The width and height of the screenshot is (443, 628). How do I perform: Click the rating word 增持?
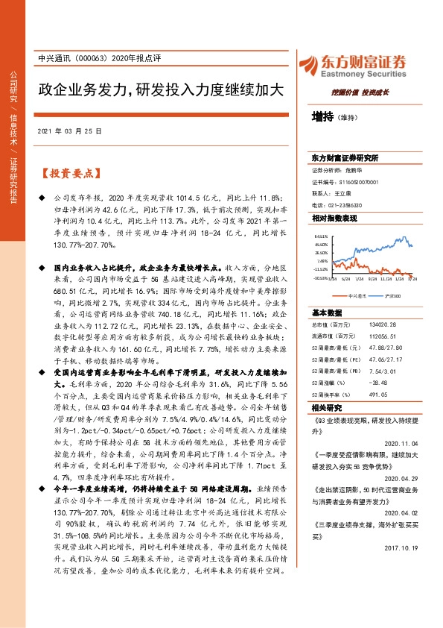(x=323, y=116)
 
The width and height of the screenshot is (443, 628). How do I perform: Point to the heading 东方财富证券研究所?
(x=345, y=159)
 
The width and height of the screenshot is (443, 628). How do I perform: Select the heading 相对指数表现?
(x=334, y=218)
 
